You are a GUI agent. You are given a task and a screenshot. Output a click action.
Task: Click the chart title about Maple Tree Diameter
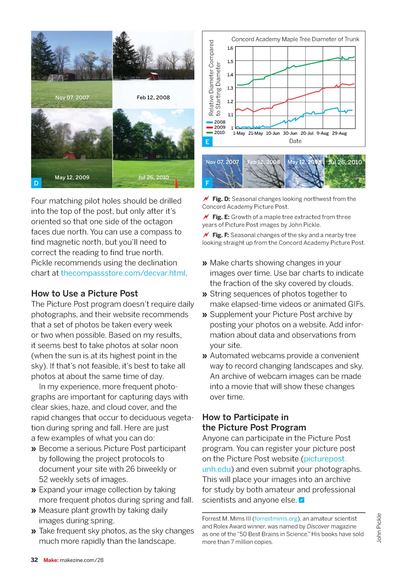click(295, 39)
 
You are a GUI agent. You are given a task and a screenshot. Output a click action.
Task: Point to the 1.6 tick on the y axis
click(230, 48)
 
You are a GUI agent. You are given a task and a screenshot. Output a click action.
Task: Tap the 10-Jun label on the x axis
click(273, 133)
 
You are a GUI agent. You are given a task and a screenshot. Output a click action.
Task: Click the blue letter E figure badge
click(207, 141)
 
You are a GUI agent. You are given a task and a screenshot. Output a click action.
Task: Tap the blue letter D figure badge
click(36, 183)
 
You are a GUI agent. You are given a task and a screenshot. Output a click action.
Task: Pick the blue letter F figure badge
click(207, 183)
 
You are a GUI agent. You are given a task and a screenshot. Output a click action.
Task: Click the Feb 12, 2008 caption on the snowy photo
click(153, 98)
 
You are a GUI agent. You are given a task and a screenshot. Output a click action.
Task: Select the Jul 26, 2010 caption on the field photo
click(153, 177)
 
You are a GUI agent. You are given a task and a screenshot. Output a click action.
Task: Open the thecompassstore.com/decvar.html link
click(123, 273)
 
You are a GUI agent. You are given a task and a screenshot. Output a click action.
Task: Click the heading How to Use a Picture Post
click(84, 293)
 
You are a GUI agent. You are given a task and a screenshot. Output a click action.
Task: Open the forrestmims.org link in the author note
click(276, 519)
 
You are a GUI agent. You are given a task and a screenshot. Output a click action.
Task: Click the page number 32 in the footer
click(35, 560)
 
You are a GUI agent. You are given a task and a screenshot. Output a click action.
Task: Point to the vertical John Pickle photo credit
click(379, 528)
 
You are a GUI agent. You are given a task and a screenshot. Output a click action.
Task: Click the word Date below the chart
click(295, 141)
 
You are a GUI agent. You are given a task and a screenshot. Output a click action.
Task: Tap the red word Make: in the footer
click(51, 560)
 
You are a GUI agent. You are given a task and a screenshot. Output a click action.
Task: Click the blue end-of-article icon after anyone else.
click(302, 500)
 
